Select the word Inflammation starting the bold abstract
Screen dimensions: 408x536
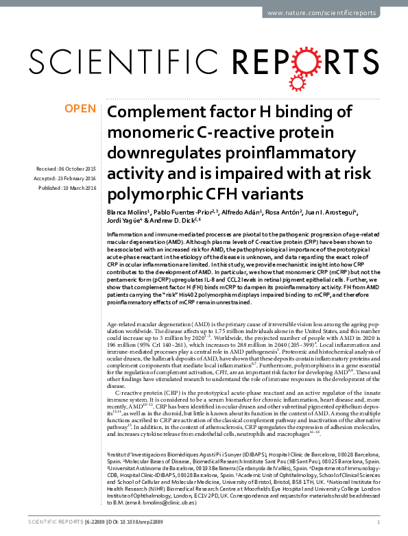coord(127,234)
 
